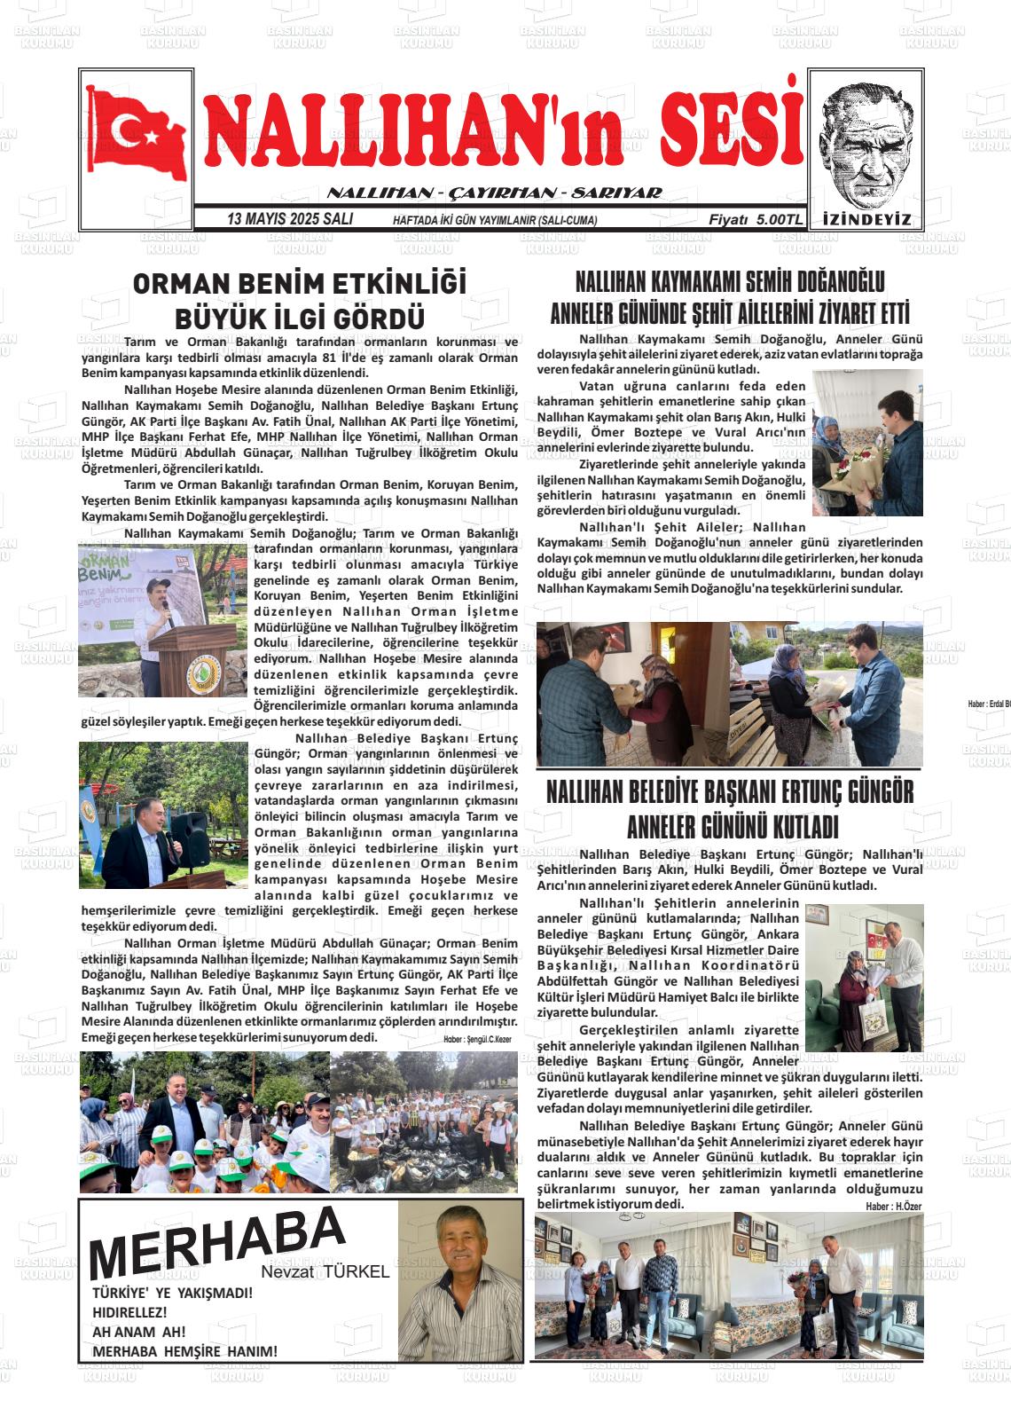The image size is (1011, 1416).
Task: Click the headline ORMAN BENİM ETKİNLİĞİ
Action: tap(300, 284)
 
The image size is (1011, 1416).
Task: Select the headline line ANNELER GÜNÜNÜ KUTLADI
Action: tap(731, 827)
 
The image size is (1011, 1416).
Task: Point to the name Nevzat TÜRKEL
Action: tap(325, 1271)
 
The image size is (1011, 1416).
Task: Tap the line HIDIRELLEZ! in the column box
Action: tap(129, 1311)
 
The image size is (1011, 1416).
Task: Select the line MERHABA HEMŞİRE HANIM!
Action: tap(184, 1351)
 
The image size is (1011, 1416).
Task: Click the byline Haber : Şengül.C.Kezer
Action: tap(477, 1039)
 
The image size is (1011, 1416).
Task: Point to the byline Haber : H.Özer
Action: tap(894, 1206)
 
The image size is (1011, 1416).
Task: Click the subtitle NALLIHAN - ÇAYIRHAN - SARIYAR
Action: tap(494, 193)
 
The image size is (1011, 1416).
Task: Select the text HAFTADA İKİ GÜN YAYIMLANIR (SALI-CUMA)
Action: tap(495, 220)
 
